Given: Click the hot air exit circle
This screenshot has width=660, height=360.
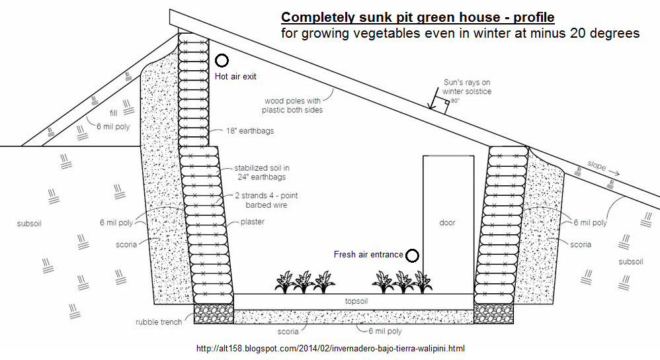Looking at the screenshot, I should (222, 61).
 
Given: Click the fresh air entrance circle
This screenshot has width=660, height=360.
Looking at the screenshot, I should (413, 255).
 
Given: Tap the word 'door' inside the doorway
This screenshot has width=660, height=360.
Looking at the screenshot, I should (448, 222).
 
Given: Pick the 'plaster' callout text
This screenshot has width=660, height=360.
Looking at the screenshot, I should (253, 222).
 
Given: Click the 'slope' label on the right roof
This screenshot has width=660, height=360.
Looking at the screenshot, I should (596, 167).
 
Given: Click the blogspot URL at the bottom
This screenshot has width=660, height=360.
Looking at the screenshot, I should (327, 348).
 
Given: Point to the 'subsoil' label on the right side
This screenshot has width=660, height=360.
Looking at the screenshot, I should (630, 261).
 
